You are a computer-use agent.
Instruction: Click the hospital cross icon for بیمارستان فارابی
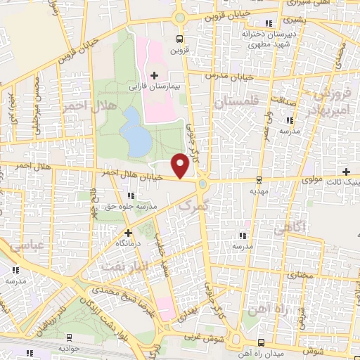154,75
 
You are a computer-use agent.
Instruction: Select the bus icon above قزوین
180,39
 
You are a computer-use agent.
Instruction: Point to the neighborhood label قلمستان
236,103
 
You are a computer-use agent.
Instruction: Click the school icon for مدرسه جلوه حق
129,195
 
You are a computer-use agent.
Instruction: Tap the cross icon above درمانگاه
127,232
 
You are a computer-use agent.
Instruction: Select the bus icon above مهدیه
259,180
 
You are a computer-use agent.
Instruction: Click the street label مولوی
311,180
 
